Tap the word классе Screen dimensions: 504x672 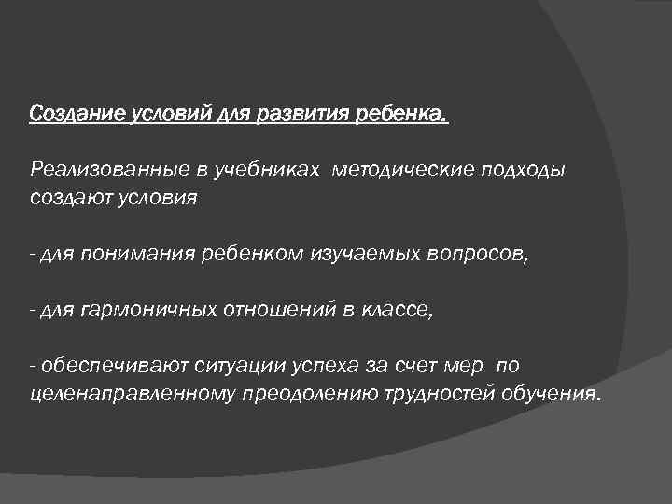[399, 310]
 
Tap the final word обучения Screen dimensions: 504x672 [553, 394]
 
